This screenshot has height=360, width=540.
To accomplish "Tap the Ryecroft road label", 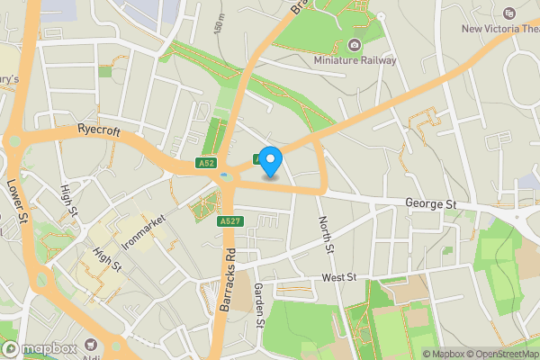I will pos(98,130).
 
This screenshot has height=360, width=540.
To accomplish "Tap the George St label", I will pos(430,205).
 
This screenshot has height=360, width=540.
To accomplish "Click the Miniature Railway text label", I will pos(355,60).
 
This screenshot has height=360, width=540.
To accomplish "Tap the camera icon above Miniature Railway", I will pos(355,45).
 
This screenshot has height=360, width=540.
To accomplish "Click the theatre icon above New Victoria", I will pos(508,13).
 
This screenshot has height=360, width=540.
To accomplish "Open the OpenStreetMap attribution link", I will pos(499,354).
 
